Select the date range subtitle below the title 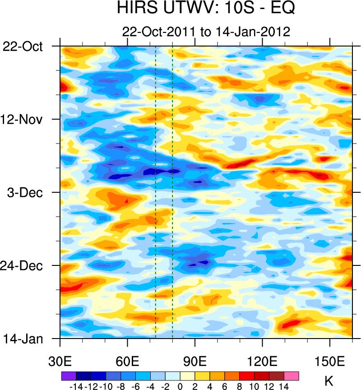pos(206,32)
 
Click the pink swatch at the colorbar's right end pos(292,376)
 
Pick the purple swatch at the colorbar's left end pos(69,376)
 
